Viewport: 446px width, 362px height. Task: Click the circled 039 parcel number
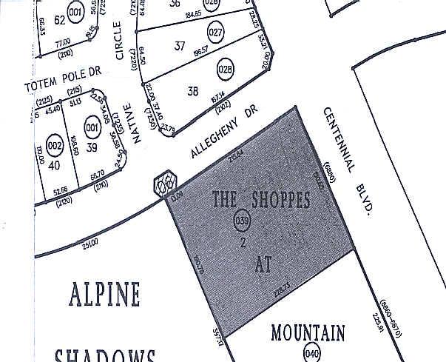click(241, 220)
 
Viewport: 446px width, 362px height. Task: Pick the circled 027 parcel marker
click(216, 33)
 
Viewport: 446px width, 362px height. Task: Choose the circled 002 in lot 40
click(54, 144)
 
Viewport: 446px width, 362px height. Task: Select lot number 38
click(193, 93)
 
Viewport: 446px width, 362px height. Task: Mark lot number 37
click(180, 46)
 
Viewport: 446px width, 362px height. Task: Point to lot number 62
click(59, 20)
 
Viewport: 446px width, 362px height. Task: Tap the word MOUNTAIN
click(307, 333)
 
